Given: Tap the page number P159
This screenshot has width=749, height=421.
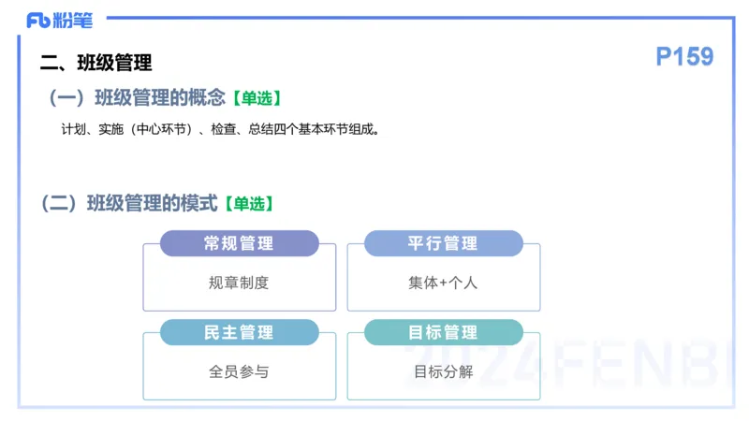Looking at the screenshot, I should tap(684, 57).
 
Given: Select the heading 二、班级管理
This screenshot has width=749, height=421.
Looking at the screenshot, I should tap(95, 64).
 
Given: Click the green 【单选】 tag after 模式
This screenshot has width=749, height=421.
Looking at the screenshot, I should tap(248, 203).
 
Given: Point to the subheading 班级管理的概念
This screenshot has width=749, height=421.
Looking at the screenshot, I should tap(160, 97).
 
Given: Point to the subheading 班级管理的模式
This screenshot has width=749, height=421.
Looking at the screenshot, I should tap(152, 203).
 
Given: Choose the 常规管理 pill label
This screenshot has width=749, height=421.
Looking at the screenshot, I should tap(239, 243).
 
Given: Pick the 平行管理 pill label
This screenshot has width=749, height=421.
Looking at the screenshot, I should tap(443, 243).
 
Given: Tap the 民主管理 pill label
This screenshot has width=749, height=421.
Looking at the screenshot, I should tap(239, 332).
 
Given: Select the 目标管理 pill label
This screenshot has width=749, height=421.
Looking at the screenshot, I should tap(443, 332).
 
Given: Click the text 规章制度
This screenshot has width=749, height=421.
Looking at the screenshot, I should tap(239, 283).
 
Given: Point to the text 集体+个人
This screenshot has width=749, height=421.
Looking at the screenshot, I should tap(443, 283).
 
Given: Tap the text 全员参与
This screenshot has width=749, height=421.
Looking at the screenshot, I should tap(239, 371).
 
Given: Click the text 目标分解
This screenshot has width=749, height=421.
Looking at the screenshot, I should tap(443, 371).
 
